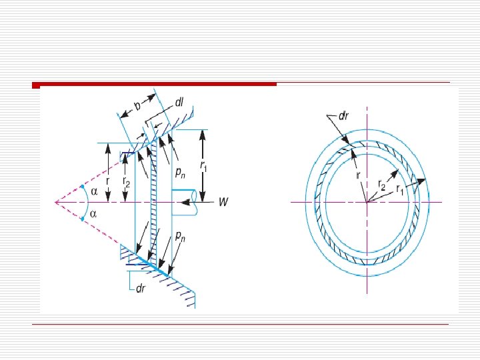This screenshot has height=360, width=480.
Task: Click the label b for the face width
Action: [138, 106]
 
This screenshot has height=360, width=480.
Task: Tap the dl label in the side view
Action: [179, 103]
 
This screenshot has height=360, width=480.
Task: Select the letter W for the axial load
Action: [223, 202]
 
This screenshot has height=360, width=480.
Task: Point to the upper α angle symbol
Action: [94, 191]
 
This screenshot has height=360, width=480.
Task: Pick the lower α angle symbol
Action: [94, 214]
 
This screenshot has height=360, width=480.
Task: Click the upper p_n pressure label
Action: [180, 173]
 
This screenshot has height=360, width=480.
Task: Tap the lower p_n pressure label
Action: [180, 236]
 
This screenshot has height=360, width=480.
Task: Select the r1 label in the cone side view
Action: [203, 167]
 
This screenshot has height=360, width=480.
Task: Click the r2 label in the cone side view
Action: [126, 182]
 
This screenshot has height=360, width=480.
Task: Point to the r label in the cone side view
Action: [107, 181]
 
